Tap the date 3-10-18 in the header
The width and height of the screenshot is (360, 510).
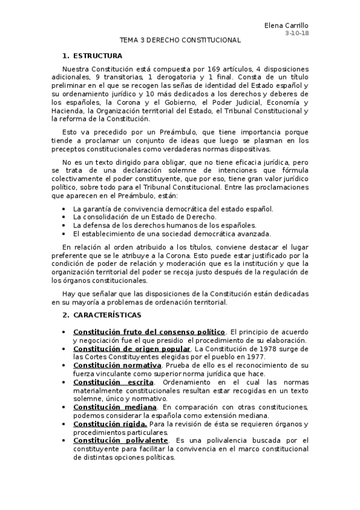click(296, 33)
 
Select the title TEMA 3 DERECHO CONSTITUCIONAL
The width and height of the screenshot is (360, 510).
click(180, 40)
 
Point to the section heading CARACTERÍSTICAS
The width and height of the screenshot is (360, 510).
click(107, 315)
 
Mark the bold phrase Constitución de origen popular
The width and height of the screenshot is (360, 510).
click(132, 348)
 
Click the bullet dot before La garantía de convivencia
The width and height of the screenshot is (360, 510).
click(64, 209)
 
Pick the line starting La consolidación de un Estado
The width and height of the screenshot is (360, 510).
click(144, 217)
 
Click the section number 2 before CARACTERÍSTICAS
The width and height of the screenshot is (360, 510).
click(65, 315)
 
